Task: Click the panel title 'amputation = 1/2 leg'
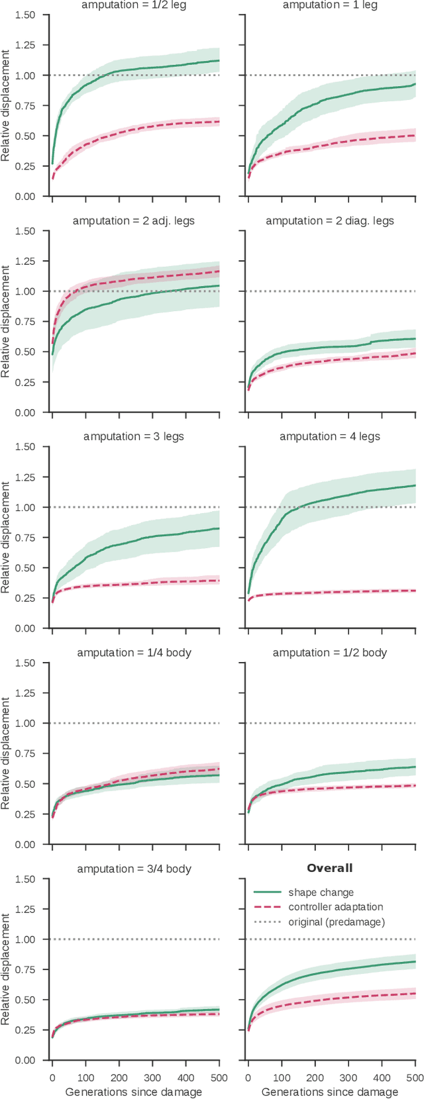(x=134, y=5)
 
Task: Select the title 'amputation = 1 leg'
(x=330, y=5)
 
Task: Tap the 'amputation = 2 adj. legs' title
(x=134, y=220)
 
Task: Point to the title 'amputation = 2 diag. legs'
(x=330, y=220)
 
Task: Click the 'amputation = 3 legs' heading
(x=134, y=436)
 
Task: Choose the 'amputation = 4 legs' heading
(x=330, y=436)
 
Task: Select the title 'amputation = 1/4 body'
(x=134, y=652)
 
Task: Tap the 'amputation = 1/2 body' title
(x=330, y=652)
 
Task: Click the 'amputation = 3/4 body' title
(x=134, y=868)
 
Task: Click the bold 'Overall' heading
(x=330, y=868)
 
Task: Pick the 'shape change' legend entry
(x=321, y=892)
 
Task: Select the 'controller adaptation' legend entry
(x=335, y=907)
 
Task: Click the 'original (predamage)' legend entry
(x=336, y=922)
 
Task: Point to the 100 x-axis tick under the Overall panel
(x=282, y=1078)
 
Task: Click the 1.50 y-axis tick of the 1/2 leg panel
(x=25, y=15)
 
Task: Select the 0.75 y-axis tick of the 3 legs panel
(x=25, y=538)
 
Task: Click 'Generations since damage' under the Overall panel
(x=330, y=1092)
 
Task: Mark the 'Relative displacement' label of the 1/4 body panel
(x=6, y=753)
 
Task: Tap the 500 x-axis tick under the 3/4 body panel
(x=219, y=1078)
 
